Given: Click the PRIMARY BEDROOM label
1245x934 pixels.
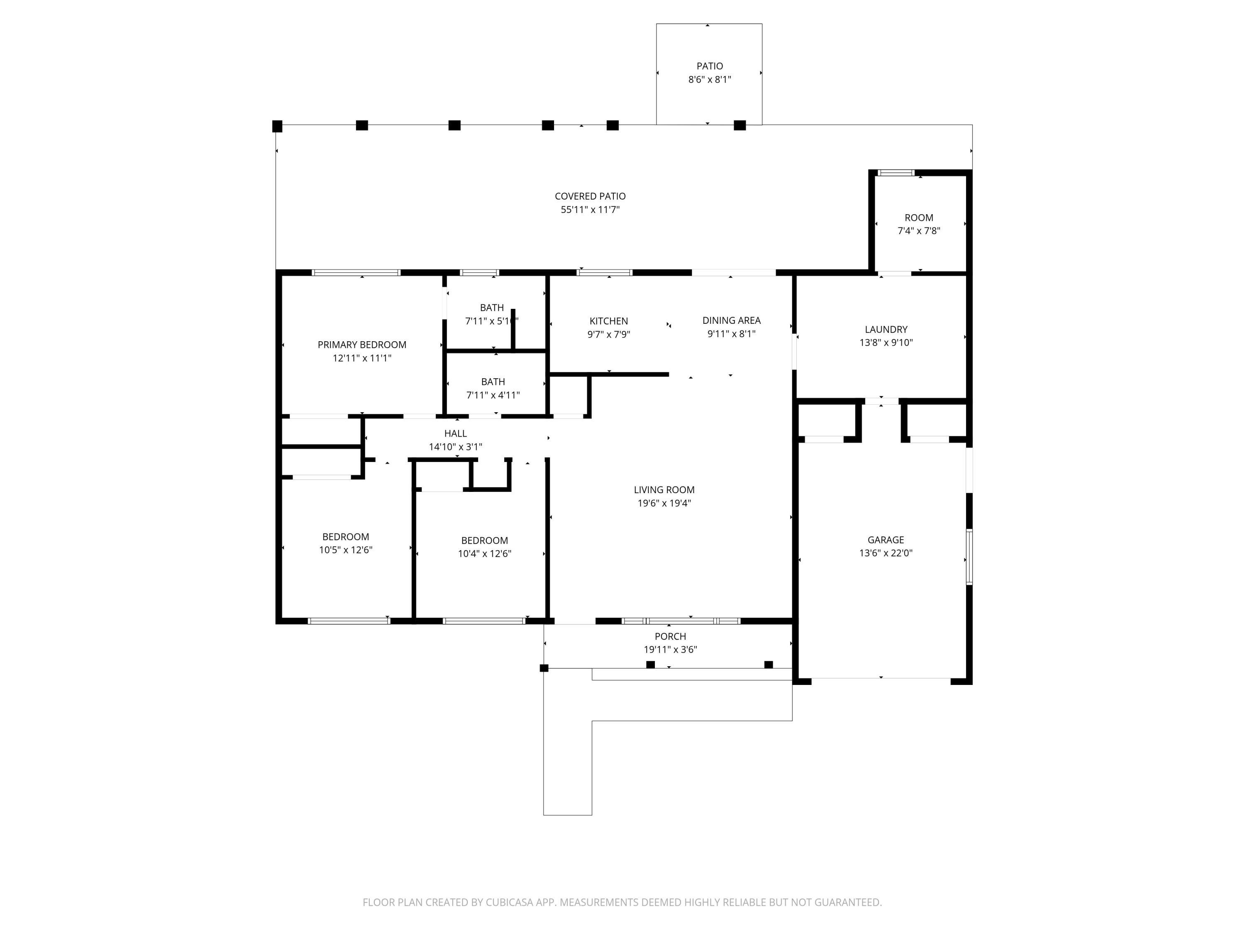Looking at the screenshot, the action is [362, 345].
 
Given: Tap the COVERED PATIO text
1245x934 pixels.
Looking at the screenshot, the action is [590, 196].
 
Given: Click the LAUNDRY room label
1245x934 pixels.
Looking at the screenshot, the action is [886, 329].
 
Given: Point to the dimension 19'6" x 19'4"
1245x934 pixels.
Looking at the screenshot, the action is [664, 503].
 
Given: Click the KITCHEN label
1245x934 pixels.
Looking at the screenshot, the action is [608, 321].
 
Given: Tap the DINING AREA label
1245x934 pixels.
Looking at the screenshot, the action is [731, 320].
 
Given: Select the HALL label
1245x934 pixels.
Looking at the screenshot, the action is [455, 433].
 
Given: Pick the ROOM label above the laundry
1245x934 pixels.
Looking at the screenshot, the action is [918, 218].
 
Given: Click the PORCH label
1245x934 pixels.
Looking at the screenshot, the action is [670, 636].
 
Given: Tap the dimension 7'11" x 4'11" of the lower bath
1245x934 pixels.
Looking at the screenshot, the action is [493, 395].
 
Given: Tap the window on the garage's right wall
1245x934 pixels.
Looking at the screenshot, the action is [969, 557].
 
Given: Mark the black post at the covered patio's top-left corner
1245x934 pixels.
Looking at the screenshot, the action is [277, 126].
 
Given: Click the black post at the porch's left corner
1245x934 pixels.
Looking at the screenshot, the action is [544, 668].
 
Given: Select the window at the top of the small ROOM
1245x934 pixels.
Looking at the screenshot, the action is [896, 173].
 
